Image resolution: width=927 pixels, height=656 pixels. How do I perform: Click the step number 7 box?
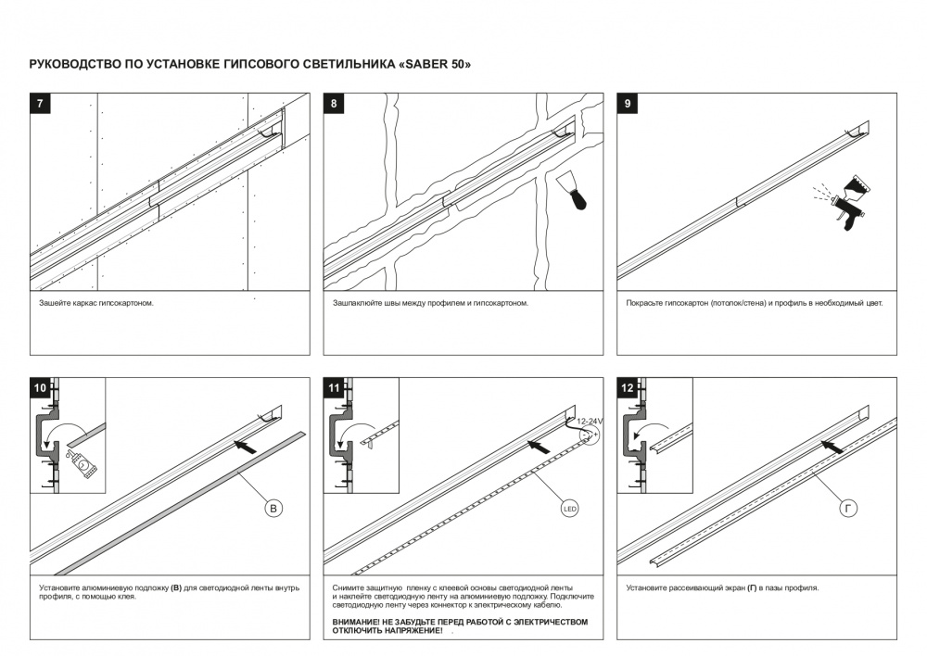click(x=41, y=104)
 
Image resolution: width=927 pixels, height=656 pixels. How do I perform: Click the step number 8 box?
click(x=334, y=104)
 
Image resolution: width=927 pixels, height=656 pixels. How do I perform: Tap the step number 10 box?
click(x=41, y=388)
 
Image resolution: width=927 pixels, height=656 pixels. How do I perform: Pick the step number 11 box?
click(x=334, y=388)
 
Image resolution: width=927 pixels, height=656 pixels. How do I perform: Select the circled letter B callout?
click(x=273, y=508)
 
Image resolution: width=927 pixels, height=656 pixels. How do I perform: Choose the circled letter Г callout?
click(x=850, y=508)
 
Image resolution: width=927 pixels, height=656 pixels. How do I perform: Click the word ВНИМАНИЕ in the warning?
click(x=357, y=622)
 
